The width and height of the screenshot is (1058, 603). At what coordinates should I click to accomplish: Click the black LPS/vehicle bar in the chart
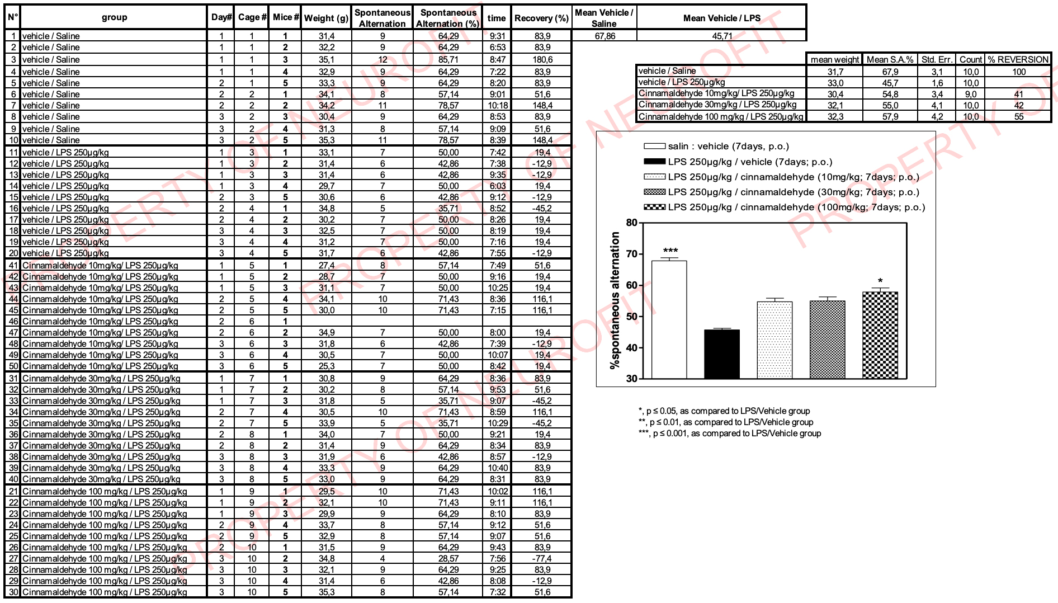(x=721, y=354)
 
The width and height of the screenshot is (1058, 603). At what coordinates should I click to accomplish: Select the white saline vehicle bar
(x=669, y=319)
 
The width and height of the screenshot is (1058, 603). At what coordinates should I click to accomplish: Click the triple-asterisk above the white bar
(x=670, y=251)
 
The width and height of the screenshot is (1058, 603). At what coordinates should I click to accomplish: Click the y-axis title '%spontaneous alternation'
(x=615, y=300)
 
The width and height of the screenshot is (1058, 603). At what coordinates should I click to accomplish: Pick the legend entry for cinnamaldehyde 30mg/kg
(x=793, y=192)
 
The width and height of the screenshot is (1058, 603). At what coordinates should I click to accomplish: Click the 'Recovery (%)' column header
(x=541, y=18)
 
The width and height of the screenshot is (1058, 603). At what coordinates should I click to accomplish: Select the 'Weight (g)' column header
(x=326, y=18)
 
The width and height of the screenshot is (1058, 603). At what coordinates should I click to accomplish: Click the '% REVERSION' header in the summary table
(x=1018, y=59)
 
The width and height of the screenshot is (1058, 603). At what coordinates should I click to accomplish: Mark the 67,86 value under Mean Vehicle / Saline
(x=604, y=36)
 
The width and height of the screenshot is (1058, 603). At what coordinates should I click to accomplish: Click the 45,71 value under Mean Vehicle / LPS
(x=721, y=36)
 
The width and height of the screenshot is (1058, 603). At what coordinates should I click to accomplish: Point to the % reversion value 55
(x=1019, y=116)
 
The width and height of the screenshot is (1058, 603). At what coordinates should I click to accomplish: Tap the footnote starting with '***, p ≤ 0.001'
(x=730, y=434)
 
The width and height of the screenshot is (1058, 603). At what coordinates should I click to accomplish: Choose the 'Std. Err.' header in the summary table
(x=937, y=59)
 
